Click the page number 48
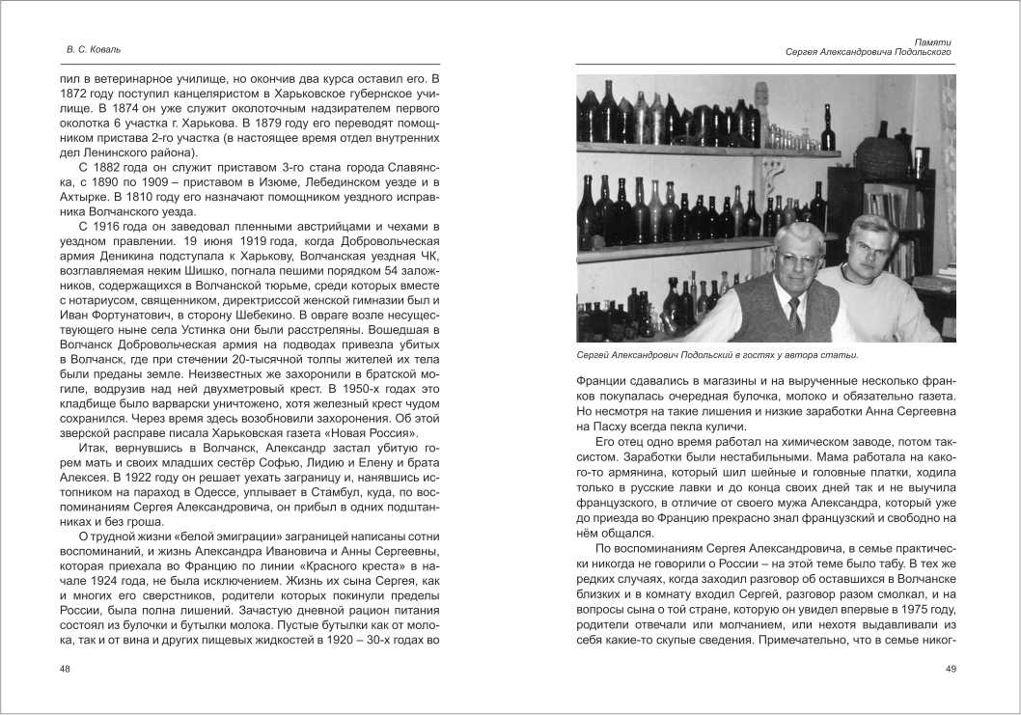[65, 669]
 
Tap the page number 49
[950, 669]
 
